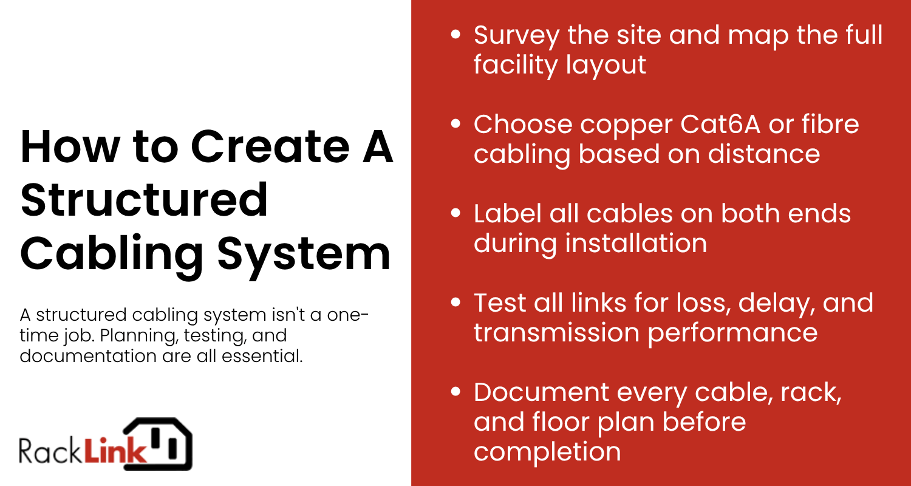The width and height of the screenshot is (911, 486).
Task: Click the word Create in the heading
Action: (270, 146)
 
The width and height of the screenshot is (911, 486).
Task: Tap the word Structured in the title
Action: (144, 200)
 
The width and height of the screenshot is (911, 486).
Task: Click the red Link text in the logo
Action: (115, 451)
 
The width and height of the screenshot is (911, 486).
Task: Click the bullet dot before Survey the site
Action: (455, 34)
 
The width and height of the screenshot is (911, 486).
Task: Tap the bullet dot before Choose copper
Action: (455, 124)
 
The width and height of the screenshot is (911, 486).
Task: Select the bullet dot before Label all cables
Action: (455, 213)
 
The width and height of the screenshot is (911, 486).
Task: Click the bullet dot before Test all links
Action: (455, 303)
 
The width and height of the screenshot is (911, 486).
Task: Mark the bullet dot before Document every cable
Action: (455, 392)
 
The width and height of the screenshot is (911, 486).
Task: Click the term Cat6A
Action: (720, 124)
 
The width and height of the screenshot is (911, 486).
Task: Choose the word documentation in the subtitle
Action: (88, 356)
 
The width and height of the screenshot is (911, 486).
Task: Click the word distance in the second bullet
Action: (764, 154)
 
